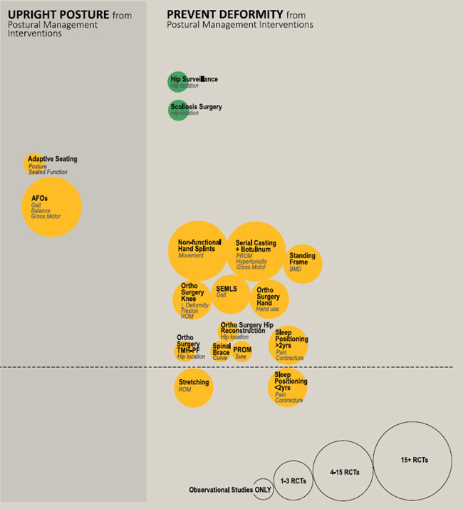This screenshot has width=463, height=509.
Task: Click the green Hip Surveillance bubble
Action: click(177, 82)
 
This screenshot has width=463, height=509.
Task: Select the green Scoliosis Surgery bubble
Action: click(177, 110)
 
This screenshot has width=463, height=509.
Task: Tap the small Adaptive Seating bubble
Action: click(33, 163)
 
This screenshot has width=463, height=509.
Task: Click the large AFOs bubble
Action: click(51, 207)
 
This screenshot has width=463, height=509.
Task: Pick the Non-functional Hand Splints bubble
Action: click(198, 250)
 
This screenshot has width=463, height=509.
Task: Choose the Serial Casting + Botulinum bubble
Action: click(256, 252)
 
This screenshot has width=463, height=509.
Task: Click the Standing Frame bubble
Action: click(303, 264)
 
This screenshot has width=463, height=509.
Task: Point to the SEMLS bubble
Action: click(231, 294)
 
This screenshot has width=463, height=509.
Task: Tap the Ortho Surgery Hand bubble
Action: click(269, 299)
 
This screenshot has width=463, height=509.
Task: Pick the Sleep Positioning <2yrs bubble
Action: click(287, 388)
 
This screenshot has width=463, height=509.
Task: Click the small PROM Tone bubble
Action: click(242, 351)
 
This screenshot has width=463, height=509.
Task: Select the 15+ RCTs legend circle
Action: click(412, 461)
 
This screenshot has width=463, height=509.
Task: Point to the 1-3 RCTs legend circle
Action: click(293, 481)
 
